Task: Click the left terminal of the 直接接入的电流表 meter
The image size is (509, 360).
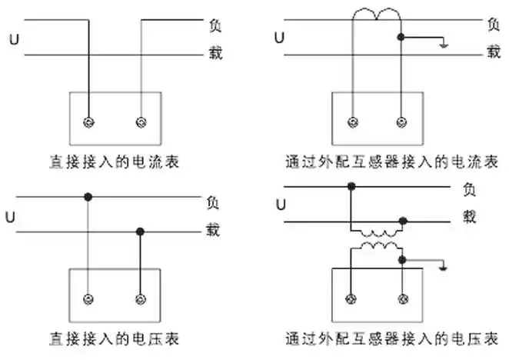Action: [89, 122]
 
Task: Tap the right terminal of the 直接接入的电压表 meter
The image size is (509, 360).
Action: [140, 298]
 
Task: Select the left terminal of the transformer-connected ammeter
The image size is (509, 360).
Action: [352, 122]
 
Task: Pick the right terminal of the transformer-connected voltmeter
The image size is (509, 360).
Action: [401, 298]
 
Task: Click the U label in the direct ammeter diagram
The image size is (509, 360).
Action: [14, 37]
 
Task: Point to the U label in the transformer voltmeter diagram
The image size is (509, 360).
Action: [281, 205]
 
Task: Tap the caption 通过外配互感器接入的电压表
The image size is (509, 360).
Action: [391, 338]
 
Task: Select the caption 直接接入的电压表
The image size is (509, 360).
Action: [115, 338]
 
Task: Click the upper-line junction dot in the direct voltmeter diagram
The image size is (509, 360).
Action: [89, 198]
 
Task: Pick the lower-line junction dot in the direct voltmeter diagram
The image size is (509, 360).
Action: [140, 231]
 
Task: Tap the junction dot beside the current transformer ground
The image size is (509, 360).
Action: [401, 37]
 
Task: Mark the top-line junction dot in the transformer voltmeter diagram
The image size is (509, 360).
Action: [352, 186]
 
